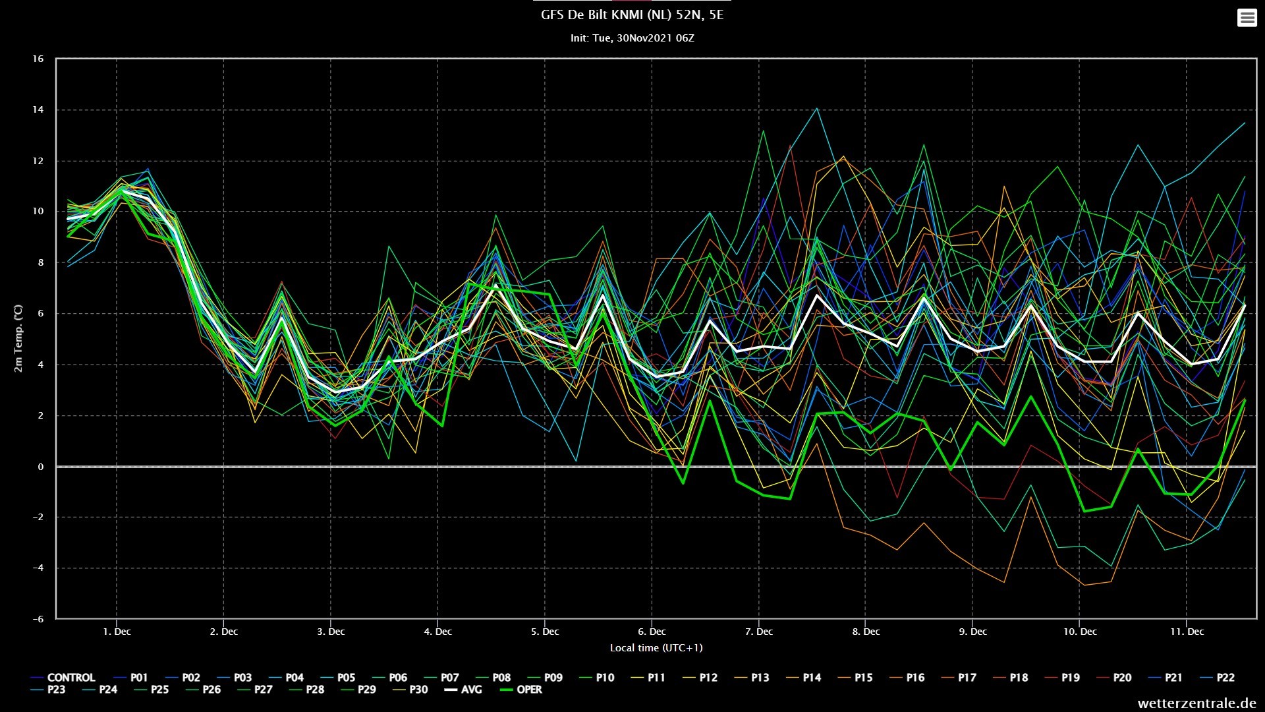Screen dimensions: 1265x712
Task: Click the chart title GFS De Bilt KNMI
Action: [632, 15]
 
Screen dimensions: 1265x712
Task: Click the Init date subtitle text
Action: [632, 38]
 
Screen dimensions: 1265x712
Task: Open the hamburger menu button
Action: [1247, 18]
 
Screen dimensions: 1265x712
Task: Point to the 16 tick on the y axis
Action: [38, 59]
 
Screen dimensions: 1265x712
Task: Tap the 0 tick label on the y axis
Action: [41, 467]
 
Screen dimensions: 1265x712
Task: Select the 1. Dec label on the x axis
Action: [117, 632]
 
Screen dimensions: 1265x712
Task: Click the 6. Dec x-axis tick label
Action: [652, 632]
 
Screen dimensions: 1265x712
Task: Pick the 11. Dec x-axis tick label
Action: [1187, 632]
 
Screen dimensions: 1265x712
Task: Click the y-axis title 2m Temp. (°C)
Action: [18, 338]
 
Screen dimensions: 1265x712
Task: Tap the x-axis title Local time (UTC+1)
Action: [656, 648]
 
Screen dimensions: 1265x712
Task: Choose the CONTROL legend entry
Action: [63, 678]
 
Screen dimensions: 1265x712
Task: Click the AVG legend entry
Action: [463, 690]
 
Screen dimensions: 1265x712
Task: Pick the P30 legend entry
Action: [410, 690]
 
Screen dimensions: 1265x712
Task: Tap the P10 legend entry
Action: [596, 678]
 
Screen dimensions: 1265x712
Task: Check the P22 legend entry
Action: [1217, 678]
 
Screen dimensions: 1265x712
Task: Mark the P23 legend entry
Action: [48, 690]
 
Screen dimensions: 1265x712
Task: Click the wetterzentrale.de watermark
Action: [1196, 703]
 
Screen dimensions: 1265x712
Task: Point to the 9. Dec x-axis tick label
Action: [972, 632]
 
